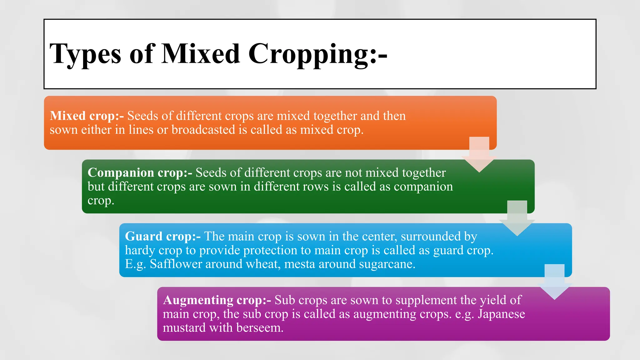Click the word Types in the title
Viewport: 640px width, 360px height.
[x=85, y=54]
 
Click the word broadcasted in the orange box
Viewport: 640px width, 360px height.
[x=203, y=130]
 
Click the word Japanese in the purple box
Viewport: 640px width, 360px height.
[x=501, y=314]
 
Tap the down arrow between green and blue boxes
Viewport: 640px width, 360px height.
[x=517, y=218]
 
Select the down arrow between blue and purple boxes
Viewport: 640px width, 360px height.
[x=554, y=282]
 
